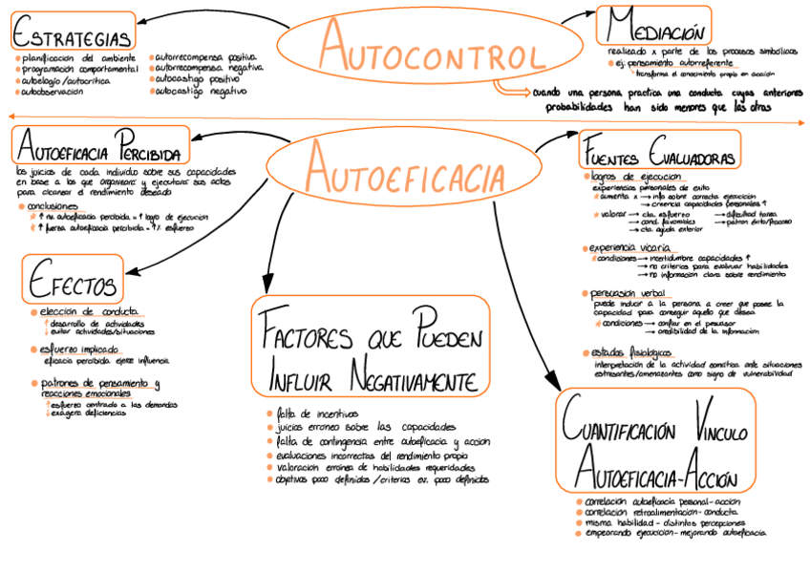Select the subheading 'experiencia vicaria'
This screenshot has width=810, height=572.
[629, 248]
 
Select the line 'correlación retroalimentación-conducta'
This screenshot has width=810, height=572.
[660, 512]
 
